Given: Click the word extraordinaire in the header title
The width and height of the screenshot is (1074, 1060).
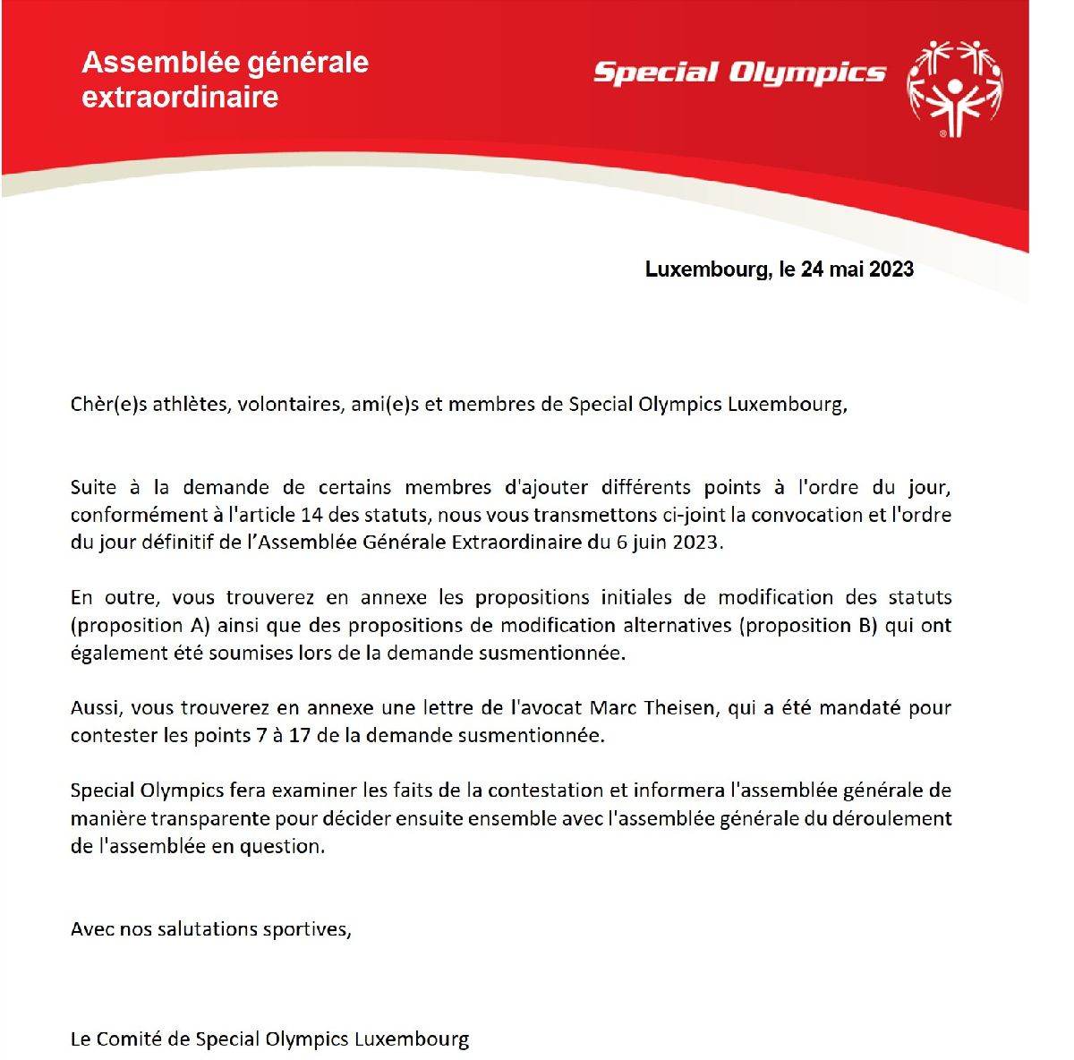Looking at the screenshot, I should point(180,97).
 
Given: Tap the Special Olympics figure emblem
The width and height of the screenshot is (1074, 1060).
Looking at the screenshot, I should point(954,88).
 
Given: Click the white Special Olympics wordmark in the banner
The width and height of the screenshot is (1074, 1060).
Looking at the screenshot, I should point(739,73).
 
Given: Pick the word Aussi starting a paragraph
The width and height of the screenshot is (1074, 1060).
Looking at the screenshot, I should point(95,708).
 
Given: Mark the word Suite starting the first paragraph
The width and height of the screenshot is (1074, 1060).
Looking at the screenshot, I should point(93,488).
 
